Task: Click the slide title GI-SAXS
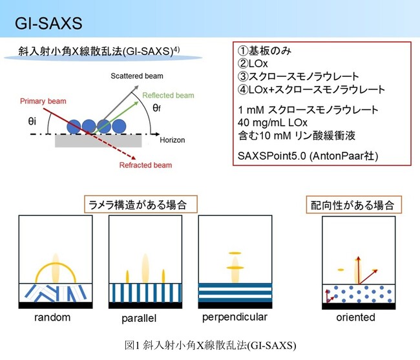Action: pyautogui.click(x=49, y=25)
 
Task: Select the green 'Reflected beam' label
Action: pyautogui.click(x=168, y=96)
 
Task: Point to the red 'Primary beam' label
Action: pyautogui.click(x=43, y=101)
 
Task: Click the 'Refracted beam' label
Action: pyautogui.click(x=146, y=165)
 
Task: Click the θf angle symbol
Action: pyautogui.click(x=157, y=108)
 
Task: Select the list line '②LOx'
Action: pyautogui.click(x=249, y=63)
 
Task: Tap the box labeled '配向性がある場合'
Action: pyautogui.click(x=353, y=205)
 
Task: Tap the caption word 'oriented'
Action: pyautogui.click(x=355, y=318)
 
